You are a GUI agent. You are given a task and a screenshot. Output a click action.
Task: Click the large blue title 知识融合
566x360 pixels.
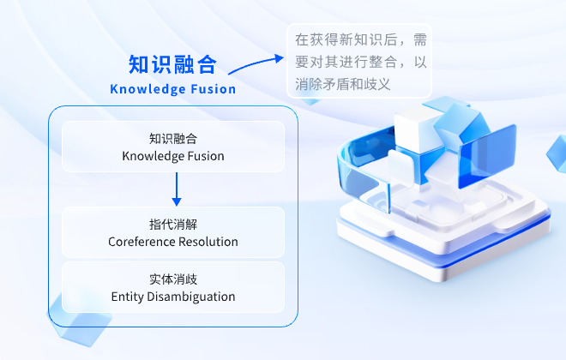point(172,65)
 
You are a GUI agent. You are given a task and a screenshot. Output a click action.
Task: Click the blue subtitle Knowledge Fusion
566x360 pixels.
point(173,89)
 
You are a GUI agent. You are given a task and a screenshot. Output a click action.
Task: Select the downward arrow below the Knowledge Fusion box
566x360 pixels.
point(177,189)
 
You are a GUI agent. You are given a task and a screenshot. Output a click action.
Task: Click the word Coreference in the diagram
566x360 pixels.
point(141,242)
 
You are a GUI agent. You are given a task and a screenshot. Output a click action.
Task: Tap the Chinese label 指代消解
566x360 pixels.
point(173,225)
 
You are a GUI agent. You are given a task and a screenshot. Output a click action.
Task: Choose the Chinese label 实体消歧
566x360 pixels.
point(173,279)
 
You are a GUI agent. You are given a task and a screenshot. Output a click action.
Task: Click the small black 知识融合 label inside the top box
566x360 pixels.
point(173,139)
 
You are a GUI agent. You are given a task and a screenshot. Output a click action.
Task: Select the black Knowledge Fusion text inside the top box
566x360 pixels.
point(173,156)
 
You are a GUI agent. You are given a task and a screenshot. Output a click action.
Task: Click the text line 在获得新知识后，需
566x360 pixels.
point(361,40)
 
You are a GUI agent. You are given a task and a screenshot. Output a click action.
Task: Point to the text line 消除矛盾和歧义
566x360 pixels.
point(343,84)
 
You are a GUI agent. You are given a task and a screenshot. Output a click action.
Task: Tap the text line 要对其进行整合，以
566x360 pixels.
point(361,63)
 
